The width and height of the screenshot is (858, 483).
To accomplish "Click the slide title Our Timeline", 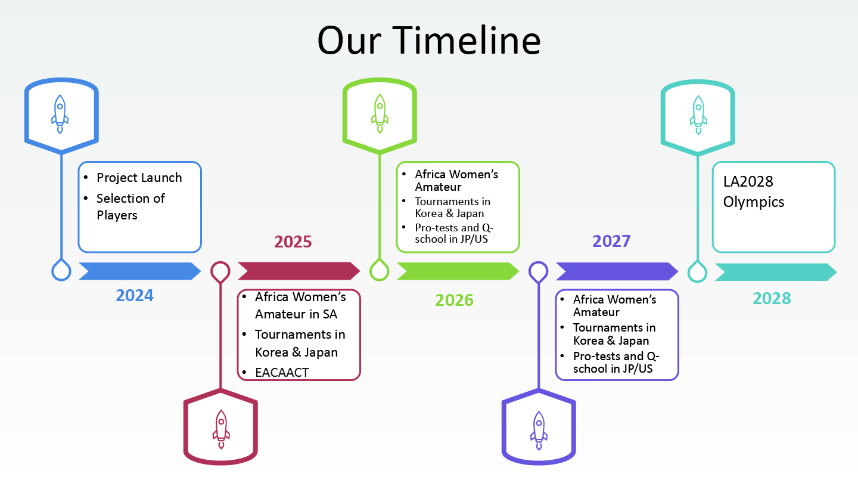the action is click(429, 41).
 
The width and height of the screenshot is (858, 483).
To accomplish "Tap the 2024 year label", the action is click(135, 296).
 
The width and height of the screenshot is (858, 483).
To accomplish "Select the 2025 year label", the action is click(293, 242).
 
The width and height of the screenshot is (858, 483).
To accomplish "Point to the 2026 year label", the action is click(454, 300).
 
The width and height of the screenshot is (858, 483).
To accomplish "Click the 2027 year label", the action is click(611, 241).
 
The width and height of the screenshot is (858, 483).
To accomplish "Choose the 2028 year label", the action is click(772, 299).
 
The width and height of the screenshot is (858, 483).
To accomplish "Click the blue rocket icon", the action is click(60, 114).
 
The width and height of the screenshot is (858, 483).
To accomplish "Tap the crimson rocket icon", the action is click(221, 429).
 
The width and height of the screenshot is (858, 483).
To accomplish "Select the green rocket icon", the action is click(380, 114).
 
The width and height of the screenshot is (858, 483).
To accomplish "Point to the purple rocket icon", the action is click(539, 431).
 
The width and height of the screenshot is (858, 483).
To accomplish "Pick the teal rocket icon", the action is click(698, 115).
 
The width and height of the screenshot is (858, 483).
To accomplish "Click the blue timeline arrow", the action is click(140, 271).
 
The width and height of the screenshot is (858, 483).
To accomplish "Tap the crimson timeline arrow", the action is click(299, 271).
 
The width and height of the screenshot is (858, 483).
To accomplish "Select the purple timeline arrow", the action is click(617, 271).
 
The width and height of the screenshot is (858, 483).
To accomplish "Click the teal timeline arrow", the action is click(776, 272).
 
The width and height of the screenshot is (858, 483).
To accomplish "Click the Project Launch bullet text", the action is click(139, 178).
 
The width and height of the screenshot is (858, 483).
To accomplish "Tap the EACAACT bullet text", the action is click(282, 373).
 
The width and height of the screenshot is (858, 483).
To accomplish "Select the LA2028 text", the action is click(748, 182).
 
